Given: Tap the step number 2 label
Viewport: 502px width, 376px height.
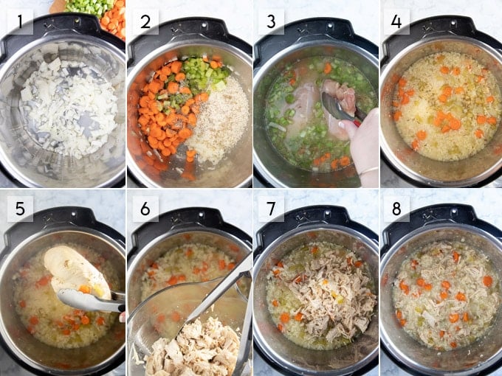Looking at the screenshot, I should click(x=145, y=21).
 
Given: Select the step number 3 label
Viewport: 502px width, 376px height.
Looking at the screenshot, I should click(x=271, y=21).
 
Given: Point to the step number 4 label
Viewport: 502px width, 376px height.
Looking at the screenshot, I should click(x=396, y=21).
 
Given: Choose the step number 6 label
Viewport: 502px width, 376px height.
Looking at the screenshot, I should click(x=145, y=209).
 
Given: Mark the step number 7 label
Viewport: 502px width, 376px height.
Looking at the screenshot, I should click(x=271, y=209).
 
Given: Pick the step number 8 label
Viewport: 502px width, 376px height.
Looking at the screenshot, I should click(x=396, y=209).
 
